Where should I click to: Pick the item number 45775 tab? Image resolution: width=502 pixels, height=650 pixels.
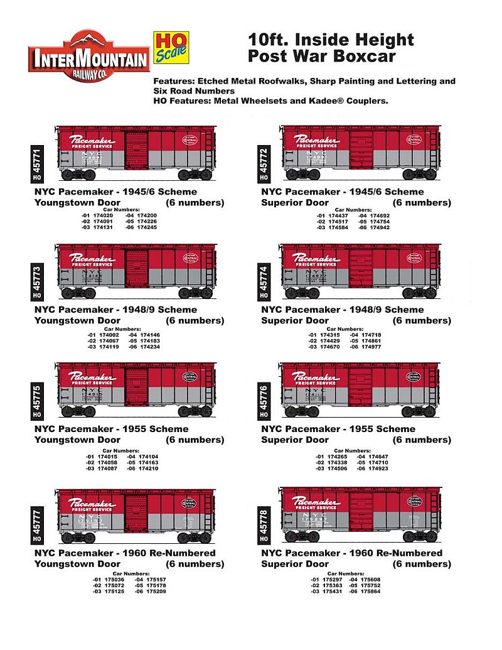pos(35,398)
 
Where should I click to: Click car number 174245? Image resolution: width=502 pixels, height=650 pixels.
pos(144,227)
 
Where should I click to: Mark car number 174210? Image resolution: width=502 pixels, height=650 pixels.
pos(144,468)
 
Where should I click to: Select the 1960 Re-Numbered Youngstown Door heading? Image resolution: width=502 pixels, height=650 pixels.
pos(125,558)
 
